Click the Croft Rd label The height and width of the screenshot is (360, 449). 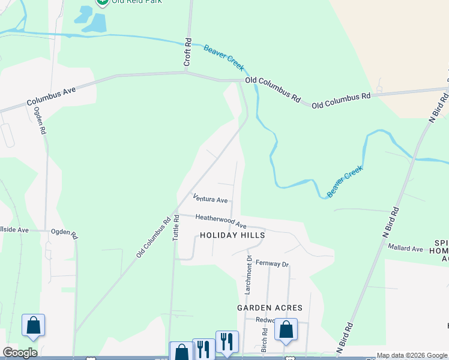188,53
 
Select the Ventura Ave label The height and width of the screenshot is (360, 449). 210,199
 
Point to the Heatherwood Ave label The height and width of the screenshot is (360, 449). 221,220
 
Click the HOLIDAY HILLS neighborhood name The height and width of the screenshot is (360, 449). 232,236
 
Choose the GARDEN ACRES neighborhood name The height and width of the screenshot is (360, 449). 270,308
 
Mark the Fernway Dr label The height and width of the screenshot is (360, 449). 272,263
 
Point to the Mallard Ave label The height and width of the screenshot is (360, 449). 406,248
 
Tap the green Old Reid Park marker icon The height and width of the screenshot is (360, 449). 103,2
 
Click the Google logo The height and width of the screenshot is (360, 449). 19,353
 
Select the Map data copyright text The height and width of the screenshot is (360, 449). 412,356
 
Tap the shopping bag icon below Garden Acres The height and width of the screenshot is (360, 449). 286,329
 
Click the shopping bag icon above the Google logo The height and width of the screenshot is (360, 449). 33,325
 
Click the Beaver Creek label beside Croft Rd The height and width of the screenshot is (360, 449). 223,58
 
